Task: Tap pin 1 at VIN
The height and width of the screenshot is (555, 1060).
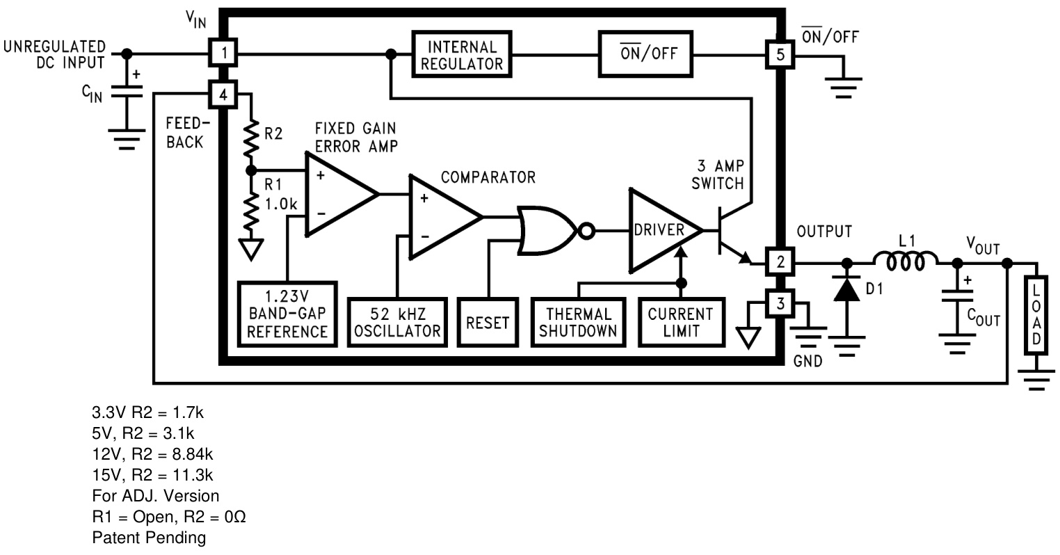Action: point(223,54)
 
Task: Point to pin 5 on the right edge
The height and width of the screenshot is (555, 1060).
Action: point(780,54)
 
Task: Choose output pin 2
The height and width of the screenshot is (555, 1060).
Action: point(780,263)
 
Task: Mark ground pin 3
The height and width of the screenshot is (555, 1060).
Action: point(780,303)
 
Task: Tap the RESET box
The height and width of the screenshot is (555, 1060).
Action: point(488,323)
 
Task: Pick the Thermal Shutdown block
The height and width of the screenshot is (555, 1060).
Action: point(578,322)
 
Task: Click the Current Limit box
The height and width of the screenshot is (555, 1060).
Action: point(681,322)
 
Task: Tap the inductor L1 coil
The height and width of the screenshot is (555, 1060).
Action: point(905,262)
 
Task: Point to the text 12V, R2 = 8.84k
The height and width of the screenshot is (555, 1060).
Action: point(152,454)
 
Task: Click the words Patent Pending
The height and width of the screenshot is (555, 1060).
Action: point(149,538)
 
